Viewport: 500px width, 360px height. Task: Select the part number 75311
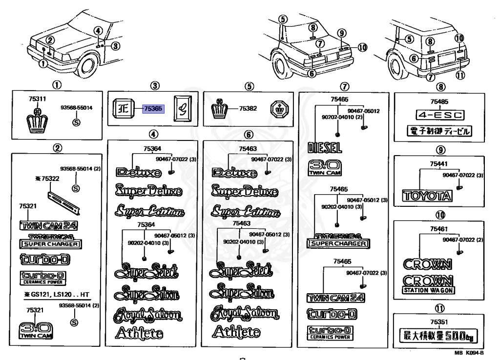tap(37, 99)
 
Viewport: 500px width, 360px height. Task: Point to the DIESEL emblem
tap(325, 148)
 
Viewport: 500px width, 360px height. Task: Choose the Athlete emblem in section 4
tap(139, 333)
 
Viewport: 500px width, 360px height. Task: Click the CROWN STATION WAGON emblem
tap(428, 284)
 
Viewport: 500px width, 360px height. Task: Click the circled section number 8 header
tap(441, 86)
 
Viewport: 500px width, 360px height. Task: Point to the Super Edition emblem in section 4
tap(150, 211)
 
